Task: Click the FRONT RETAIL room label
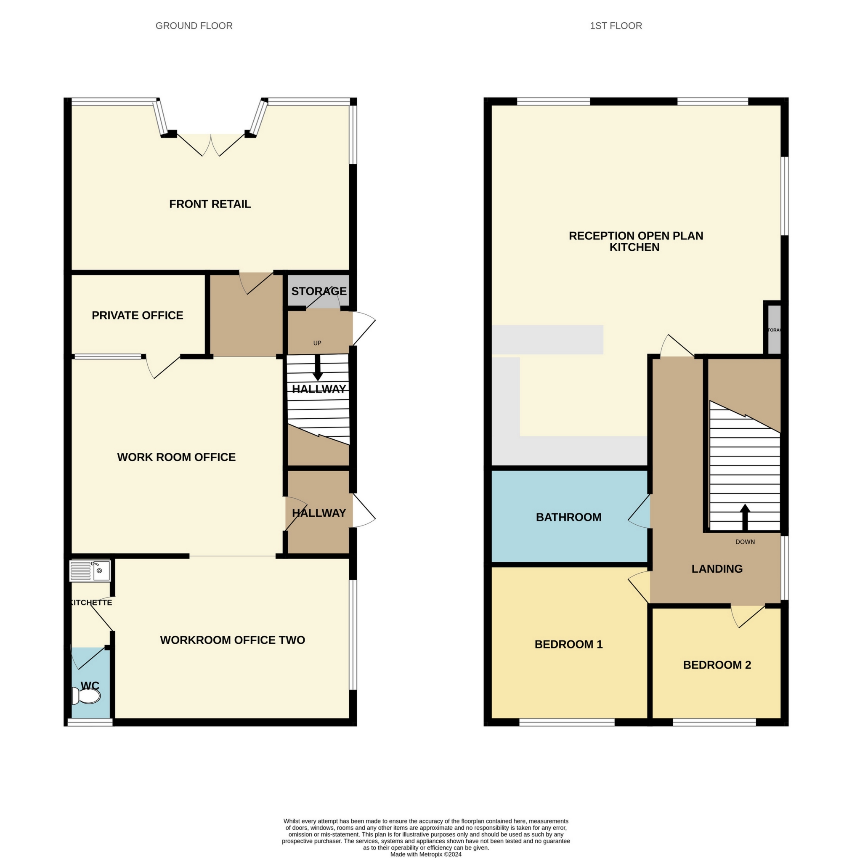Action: tap(210, 204)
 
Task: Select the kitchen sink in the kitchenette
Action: tap(101, 571)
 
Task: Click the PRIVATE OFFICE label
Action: tap(137, 315)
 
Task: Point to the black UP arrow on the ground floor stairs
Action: tap(317, 369)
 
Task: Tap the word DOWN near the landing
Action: tap(745, 542)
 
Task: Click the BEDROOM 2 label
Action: tap(717, 665)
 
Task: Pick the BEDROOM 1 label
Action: tap(568, 644)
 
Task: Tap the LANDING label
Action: tap(717, 569)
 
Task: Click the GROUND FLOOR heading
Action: tap(194, 26)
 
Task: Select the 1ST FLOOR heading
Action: tap(616, 26)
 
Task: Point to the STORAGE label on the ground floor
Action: tap(319, 291)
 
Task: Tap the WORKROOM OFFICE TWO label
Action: tap(232, 640)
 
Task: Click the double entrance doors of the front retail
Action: tap(211, 145)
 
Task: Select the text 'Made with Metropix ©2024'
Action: tap(425, 854)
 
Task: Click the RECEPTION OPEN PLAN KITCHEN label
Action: tap(635, 242)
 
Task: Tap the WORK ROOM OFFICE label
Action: tap(176, 457)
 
